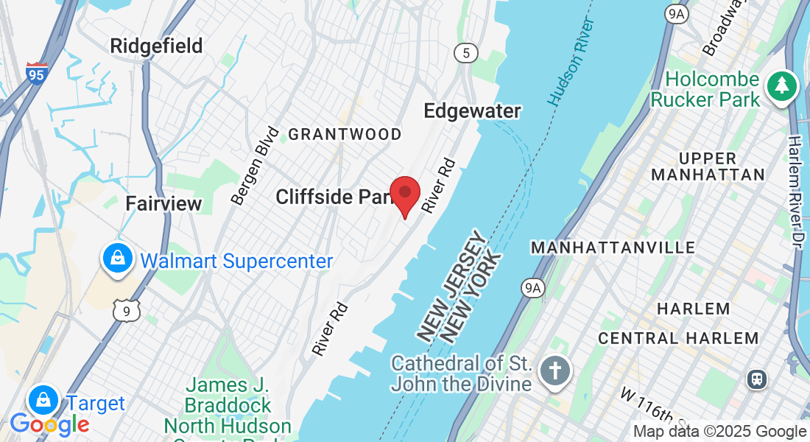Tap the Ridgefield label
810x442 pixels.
click(x=156, y=46)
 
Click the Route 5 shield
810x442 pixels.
click(x=465, y=53)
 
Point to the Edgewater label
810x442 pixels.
click(x=472, y=110)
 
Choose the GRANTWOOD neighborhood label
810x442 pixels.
click(x=345, y=134)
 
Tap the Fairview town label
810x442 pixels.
click(x=163, y=204)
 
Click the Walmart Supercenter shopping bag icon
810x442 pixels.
click(x=117, y=259)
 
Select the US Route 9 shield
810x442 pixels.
click(x=127, y=311)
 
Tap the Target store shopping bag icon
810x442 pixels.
click(x=44, y=401)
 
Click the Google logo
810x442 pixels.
click(x=49, y=424)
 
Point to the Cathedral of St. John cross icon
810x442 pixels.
click(x=554, y=370)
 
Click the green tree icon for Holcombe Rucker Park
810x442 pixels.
click(x=781, y=86)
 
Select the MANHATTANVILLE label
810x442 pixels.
click(x=613, y=248)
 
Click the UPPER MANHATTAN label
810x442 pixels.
click(x=708, y=166)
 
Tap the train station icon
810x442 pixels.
click(x=756, y=379)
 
